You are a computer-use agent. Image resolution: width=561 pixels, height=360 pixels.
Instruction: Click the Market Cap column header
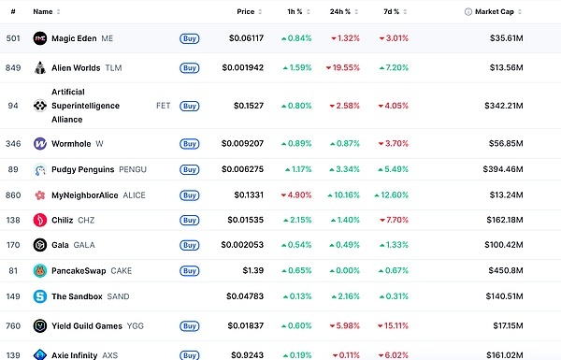(494, 12)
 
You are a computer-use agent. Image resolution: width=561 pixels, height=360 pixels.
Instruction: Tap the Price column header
(245, 12)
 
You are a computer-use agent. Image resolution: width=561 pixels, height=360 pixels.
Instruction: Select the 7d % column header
(392, 12)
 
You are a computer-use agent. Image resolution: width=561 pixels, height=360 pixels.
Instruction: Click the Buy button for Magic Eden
(189, 38)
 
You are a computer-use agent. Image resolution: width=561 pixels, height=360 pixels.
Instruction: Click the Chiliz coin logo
(40, 220)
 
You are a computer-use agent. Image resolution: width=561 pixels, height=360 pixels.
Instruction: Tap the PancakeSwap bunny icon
(40, 271)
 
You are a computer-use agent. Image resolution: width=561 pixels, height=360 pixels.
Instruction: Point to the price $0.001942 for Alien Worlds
(242, 67)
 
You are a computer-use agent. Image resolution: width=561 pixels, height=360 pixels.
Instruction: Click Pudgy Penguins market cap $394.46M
(503, 169)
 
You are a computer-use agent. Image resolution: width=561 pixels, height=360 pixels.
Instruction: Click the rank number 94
(13, 106)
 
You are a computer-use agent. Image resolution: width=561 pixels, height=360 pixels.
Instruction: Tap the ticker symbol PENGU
(133, 169)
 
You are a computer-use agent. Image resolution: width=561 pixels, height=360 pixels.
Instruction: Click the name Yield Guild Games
(87, 326)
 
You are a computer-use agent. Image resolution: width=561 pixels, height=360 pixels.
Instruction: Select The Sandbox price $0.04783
(245, 296)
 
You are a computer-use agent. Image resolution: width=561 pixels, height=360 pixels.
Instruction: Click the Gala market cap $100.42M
(504, 245)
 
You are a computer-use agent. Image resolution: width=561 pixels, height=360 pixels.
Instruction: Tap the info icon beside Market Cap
(468, 12)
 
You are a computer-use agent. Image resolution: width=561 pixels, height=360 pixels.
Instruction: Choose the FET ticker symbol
(163, 106)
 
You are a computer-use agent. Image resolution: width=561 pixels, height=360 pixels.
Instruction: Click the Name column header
(43, 12)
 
